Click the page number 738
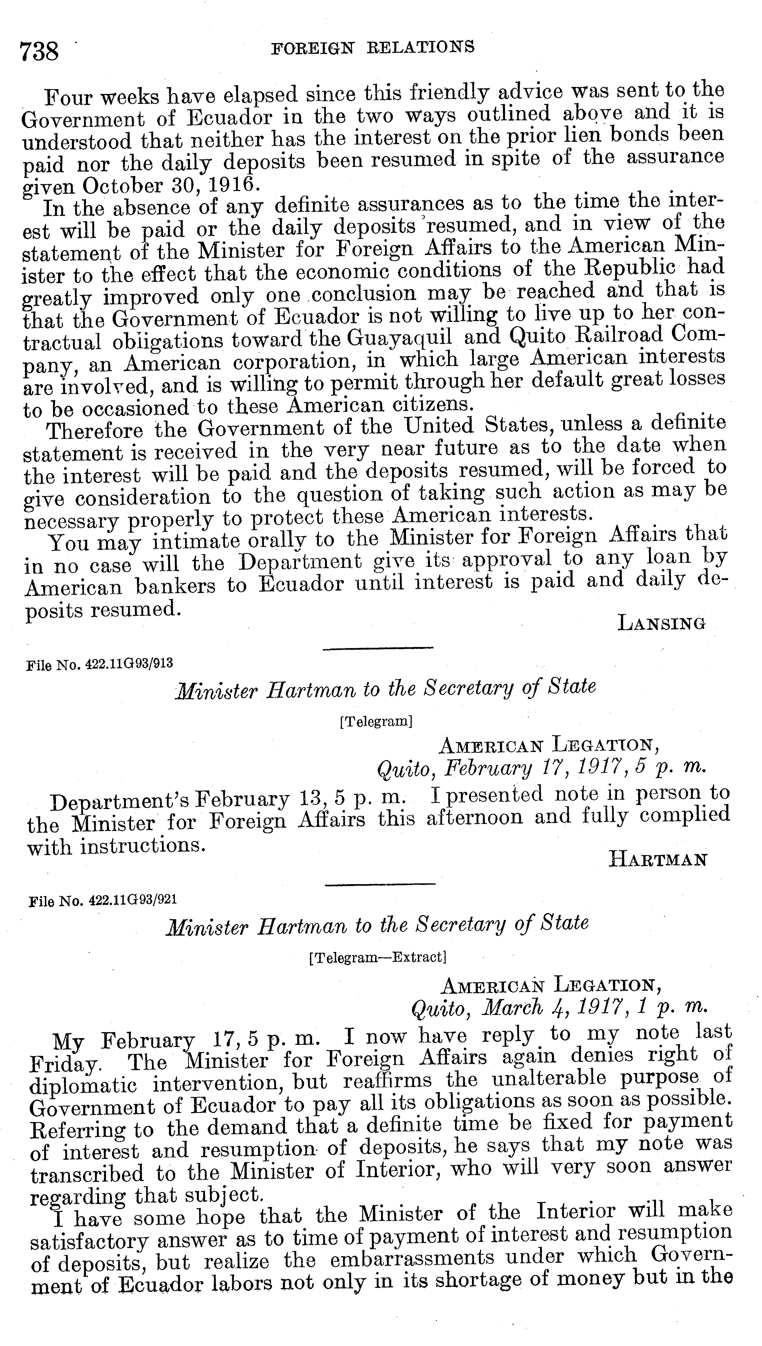(39, 52)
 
